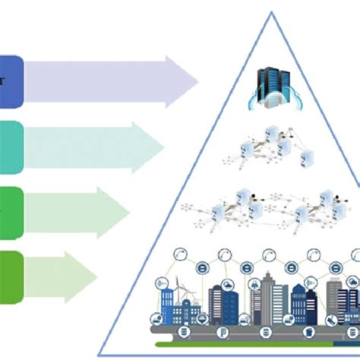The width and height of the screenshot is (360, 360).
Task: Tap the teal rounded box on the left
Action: pos(11,144)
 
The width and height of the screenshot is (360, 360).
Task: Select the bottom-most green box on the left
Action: pos(11,273)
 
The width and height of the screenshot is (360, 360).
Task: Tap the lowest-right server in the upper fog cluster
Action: pos(308,159)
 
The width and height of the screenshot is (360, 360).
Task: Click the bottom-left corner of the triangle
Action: pos(99,355)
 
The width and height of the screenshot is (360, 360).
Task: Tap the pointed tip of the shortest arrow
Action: pos(98,273)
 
